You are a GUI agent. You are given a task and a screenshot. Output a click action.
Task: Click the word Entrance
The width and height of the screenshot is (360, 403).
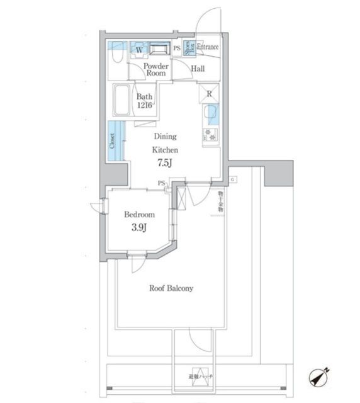[x=208, y=47]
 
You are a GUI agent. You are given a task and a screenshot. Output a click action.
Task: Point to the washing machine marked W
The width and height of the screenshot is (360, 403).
[x=139, y=48]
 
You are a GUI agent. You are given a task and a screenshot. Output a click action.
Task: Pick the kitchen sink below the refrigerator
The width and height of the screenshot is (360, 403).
[x=210, y=115]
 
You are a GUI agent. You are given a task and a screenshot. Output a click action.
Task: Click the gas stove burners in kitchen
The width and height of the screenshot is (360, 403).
[x=210, y=133]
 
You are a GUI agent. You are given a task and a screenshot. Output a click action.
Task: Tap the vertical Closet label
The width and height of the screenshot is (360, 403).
[x=113, y=141]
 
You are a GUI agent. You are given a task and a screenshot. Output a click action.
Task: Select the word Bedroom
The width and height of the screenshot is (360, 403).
[x=139, y=215]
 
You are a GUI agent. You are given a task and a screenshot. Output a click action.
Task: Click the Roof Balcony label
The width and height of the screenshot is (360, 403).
[x=171, y=288]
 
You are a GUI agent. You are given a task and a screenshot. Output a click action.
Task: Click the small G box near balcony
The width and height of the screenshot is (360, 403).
[x=232, y=180]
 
